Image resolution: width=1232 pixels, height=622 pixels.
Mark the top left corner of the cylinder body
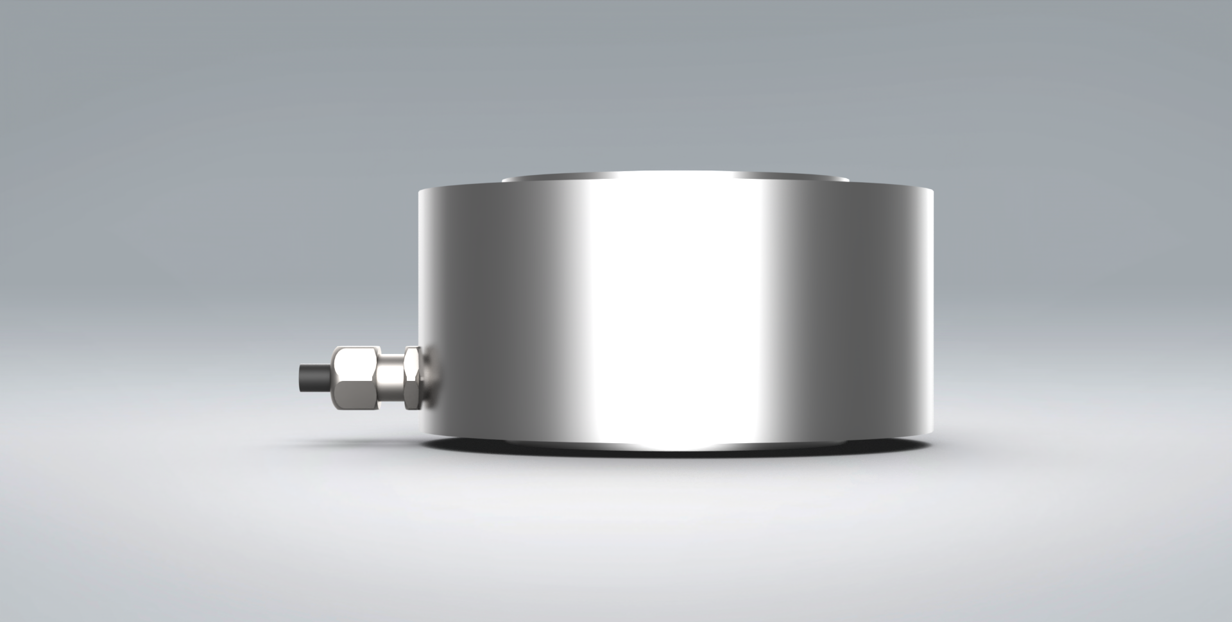(x=420, y=191)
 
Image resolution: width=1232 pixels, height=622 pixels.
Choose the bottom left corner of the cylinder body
(x=424, y=433)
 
